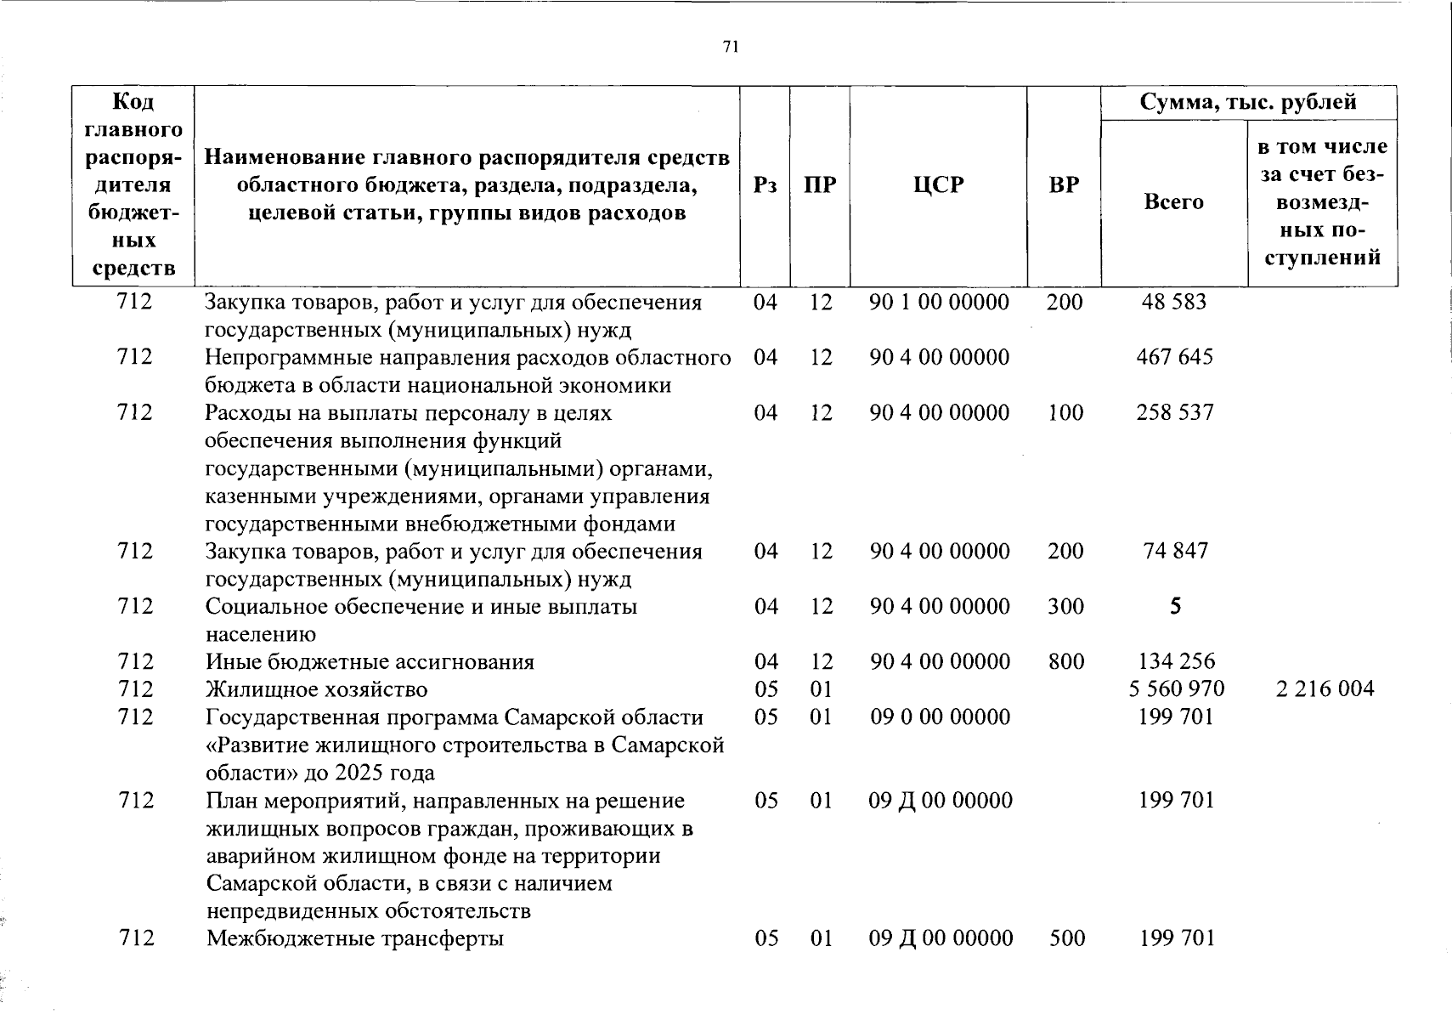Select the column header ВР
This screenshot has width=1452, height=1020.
pyautogui.click(x=1064, y=185)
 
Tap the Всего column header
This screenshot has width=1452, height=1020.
pyautogui.click(x=1173, y=202)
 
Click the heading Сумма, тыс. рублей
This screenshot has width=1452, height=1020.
pyautogui.click(x=1248, y=103)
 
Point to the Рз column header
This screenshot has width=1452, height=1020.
pyautogui.click(x=765, y=185)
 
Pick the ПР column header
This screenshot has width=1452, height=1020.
pyautogui.click(x=820, y=185)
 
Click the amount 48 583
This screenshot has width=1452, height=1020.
pyautogui.click(x=1173, y=303)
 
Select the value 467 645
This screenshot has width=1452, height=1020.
pyautogui.click(x=1174, y=357)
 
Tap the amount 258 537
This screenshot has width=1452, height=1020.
pyautogui.click(x=1175, y=413)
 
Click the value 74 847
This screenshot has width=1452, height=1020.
pyautogui.click(x=1175, y=551)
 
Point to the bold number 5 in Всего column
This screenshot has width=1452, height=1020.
pyautogui.click(x=1175, y=606)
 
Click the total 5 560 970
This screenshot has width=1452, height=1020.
pyautogui.click(x=1176, y=688)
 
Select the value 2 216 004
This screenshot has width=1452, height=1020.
pyautogui.click(x=1324, y=688)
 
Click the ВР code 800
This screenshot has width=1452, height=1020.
pyautogui.click(x=1065, y=661)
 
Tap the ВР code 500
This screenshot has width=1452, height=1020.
pyautogui.click(x=1066, y=938)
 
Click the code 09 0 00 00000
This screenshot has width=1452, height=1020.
pyautogui.click(x=940, y=717)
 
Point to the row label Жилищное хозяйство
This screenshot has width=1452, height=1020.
pyautogui.click(x=316, y=689)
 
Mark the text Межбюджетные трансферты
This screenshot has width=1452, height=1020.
pyautogui.click(x=354, y=938)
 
